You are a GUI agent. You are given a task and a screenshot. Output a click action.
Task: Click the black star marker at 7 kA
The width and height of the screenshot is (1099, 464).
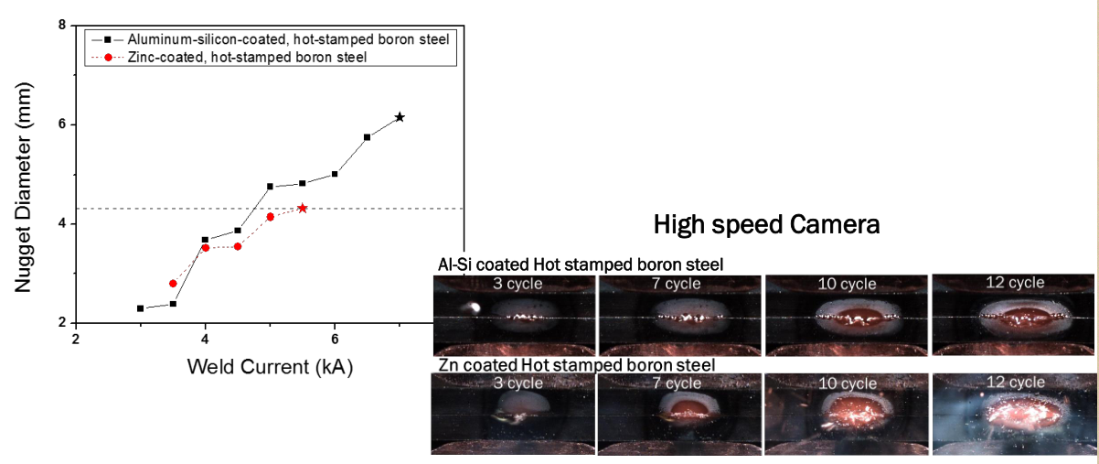[400, 117]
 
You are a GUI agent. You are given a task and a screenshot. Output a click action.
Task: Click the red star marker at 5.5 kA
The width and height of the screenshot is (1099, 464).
[303, 208]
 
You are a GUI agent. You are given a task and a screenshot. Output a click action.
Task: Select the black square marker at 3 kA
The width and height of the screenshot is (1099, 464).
[140, 308]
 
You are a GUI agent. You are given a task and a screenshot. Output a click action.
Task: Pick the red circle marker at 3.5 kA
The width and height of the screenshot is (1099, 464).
[173, 284]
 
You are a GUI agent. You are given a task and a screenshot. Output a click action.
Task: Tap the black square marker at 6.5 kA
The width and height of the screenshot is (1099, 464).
[367, 137]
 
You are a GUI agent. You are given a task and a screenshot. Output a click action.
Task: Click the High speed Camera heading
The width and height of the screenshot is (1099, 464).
[766, 224]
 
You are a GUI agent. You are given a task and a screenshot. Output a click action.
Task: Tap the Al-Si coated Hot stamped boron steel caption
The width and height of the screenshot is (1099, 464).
[581, 264]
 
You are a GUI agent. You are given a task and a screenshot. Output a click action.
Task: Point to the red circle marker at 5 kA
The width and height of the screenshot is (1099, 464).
[270, 217]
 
